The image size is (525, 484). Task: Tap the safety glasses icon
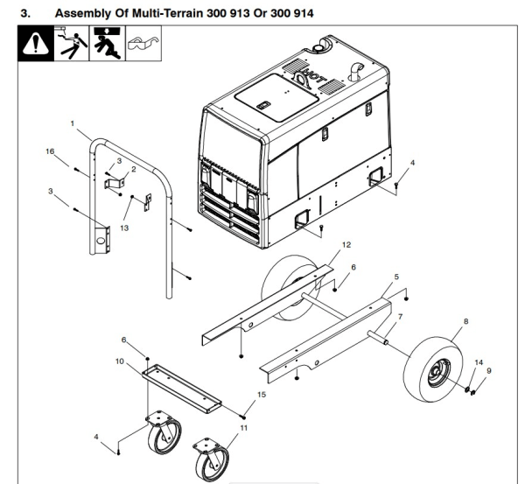144,46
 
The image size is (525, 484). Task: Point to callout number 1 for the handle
73,123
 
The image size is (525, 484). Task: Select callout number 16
49,151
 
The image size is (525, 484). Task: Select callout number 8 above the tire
465,322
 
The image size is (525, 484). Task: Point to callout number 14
478,361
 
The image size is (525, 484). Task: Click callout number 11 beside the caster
243,428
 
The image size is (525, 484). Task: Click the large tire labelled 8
435,368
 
